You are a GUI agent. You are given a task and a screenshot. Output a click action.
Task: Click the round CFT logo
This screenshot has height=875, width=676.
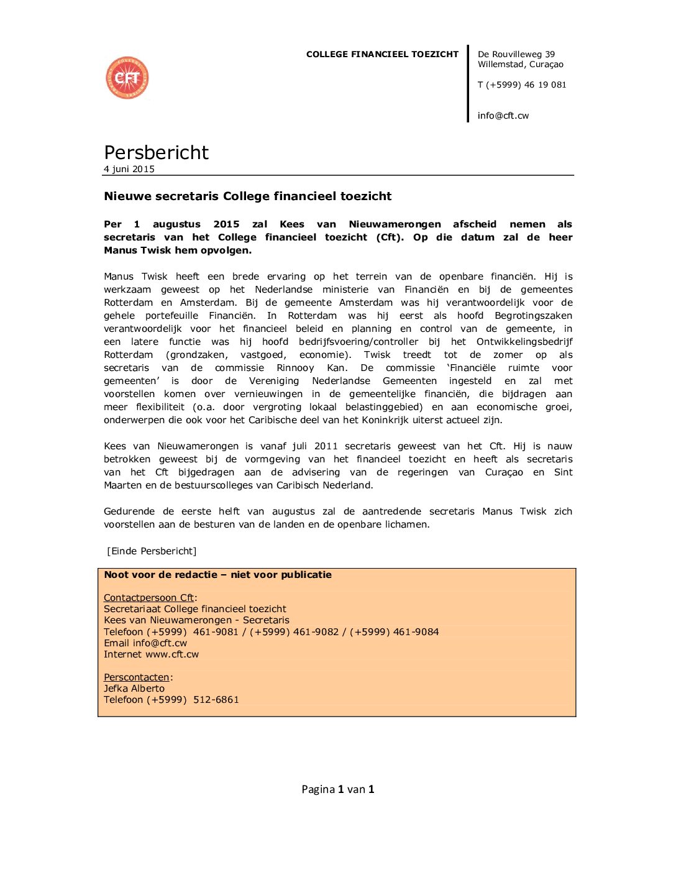click(x=127, y=78)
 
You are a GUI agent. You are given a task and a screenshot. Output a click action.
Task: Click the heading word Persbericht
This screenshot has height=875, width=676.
click(x=156, y=152)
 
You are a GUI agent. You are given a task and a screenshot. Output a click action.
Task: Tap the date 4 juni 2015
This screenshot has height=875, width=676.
click(x=129, y=169)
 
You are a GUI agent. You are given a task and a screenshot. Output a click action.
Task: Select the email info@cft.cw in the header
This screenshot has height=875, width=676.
click(x=503, y=116)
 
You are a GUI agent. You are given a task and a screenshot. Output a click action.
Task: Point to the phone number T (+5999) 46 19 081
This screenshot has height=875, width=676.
click(x=522, y=85)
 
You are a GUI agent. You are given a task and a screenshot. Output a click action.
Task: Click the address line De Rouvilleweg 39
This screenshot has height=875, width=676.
click(x=516, y=55)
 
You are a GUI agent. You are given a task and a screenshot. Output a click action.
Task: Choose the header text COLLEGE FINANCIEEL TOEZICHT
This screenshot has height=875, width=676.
click(x=382, y=55)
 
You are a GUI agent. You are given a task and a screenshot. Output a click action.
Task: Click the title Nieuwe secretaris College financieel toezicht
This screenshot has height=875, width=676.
click(x=247, y=196)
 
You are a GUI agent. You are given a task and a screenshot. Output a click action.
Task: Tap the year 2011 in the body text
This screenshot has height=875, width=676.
click(x=326, y=446)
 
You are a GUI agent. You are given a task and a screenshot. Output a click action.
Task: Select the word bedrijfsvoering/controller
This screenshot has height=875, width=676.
click(x=359, y=342)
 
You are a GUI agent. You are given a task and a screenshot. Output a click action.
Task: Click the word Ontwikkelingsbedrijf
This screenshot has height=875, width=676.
click(x=524, y=342)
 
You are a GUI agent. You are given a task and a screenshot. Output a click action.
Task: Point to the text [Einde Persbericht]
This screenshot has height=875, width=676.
click(x=152, y=551)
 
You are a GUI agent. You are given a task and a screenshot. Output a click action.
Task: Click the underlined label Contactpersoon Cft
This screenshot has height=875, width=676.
click(x=148, y=598)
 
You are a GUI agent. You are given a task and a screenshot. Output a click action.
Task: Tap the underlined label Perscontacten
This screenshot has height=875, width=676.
click(x=136, y=677)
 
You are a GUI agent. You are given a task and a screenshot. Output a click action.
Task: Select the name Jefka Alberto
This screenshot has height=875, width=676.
click(x=134, y=689)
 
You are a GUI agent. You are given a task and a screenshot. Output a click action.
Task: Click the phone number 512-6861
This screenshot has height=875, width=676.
click(x=216, y=700)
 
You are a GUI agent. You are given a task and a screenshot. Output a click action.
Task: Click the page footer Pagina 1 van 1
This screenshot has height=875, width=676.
click(x=337, y=789)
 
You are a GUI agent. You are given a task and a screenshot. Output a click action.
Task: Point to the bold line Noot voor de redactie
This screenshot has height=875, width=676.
click(x=217, y=575)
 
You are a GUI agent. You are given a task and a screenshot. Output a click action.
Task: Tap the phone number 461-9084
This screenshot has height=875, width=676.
click(x=416, y=632)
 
